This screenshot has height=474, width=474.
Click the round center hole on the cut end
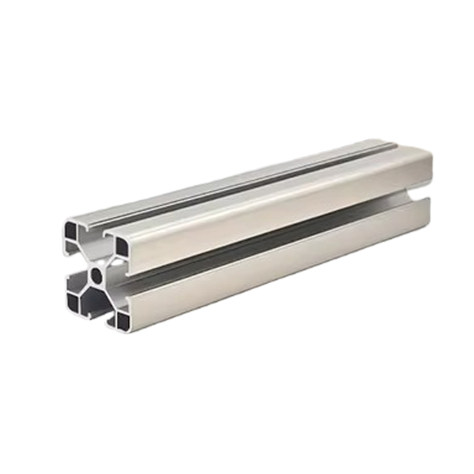(95, 274)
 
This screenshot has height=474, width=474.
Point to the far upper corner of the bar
(429, 155)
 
